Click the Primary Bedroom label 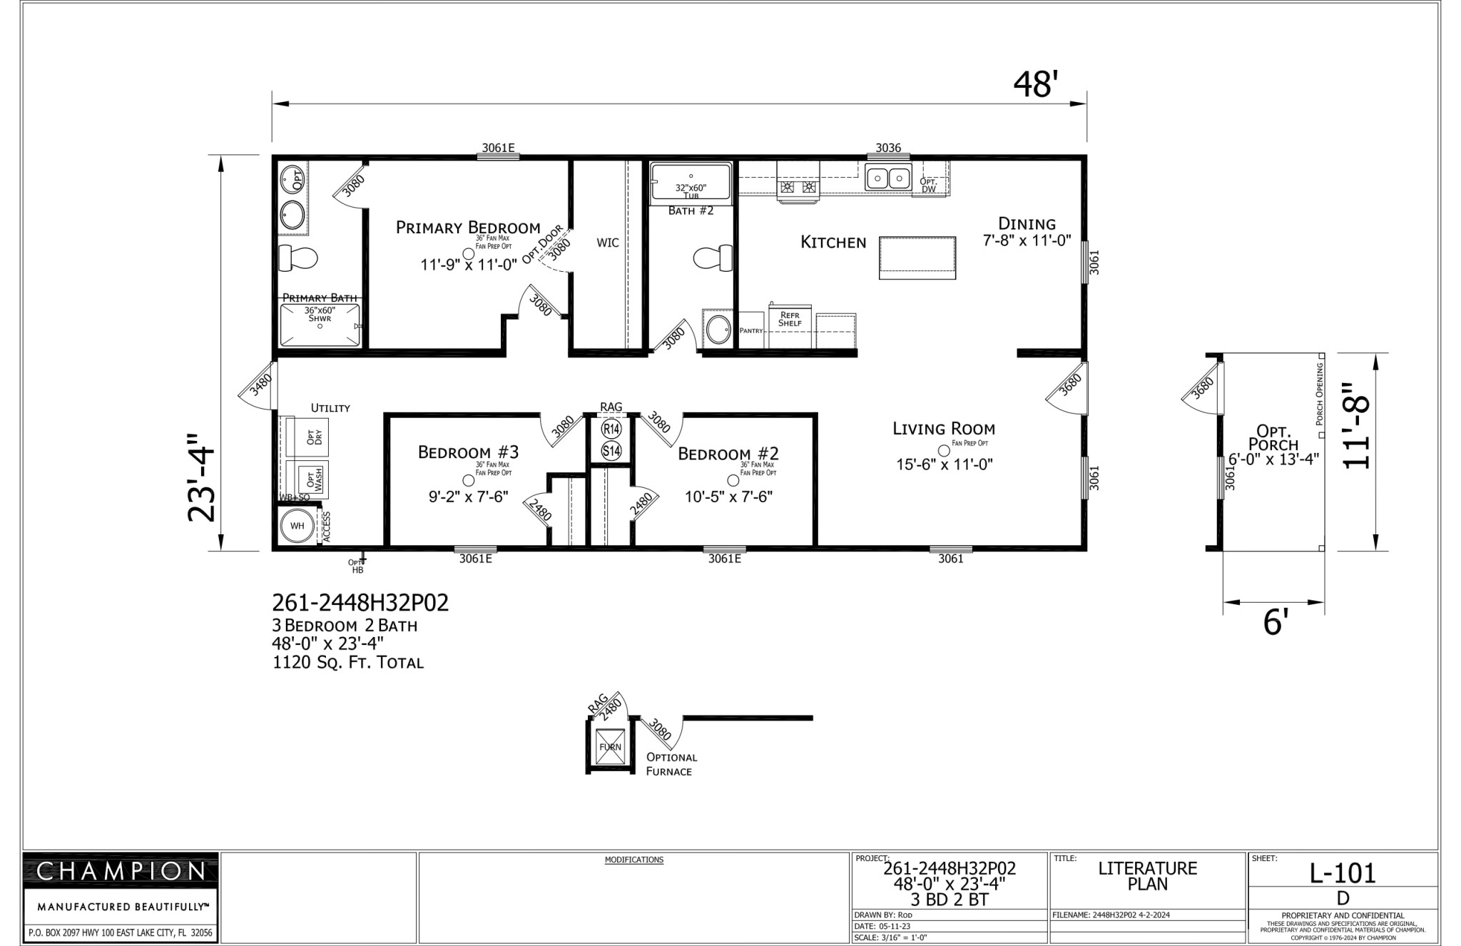point(468,228)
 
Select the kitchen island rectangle point(917,258)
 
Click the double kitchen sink point(888,177)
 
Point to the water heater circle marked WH point(297,526)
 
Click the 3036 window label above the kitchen point(888,148)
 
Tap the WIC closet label point(608,243)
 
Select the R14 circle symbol point(611,429)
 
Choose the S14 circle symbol point(611,451)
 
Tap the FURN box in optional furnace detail point(610,747)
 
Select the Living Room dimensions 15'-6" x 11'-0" point(945,464)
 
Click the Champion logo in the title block point(121,871)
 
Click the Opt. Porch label point(1274,438)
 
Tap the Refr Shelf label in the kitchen point(790,319)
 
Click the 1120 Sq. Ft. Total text point(348,663)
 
